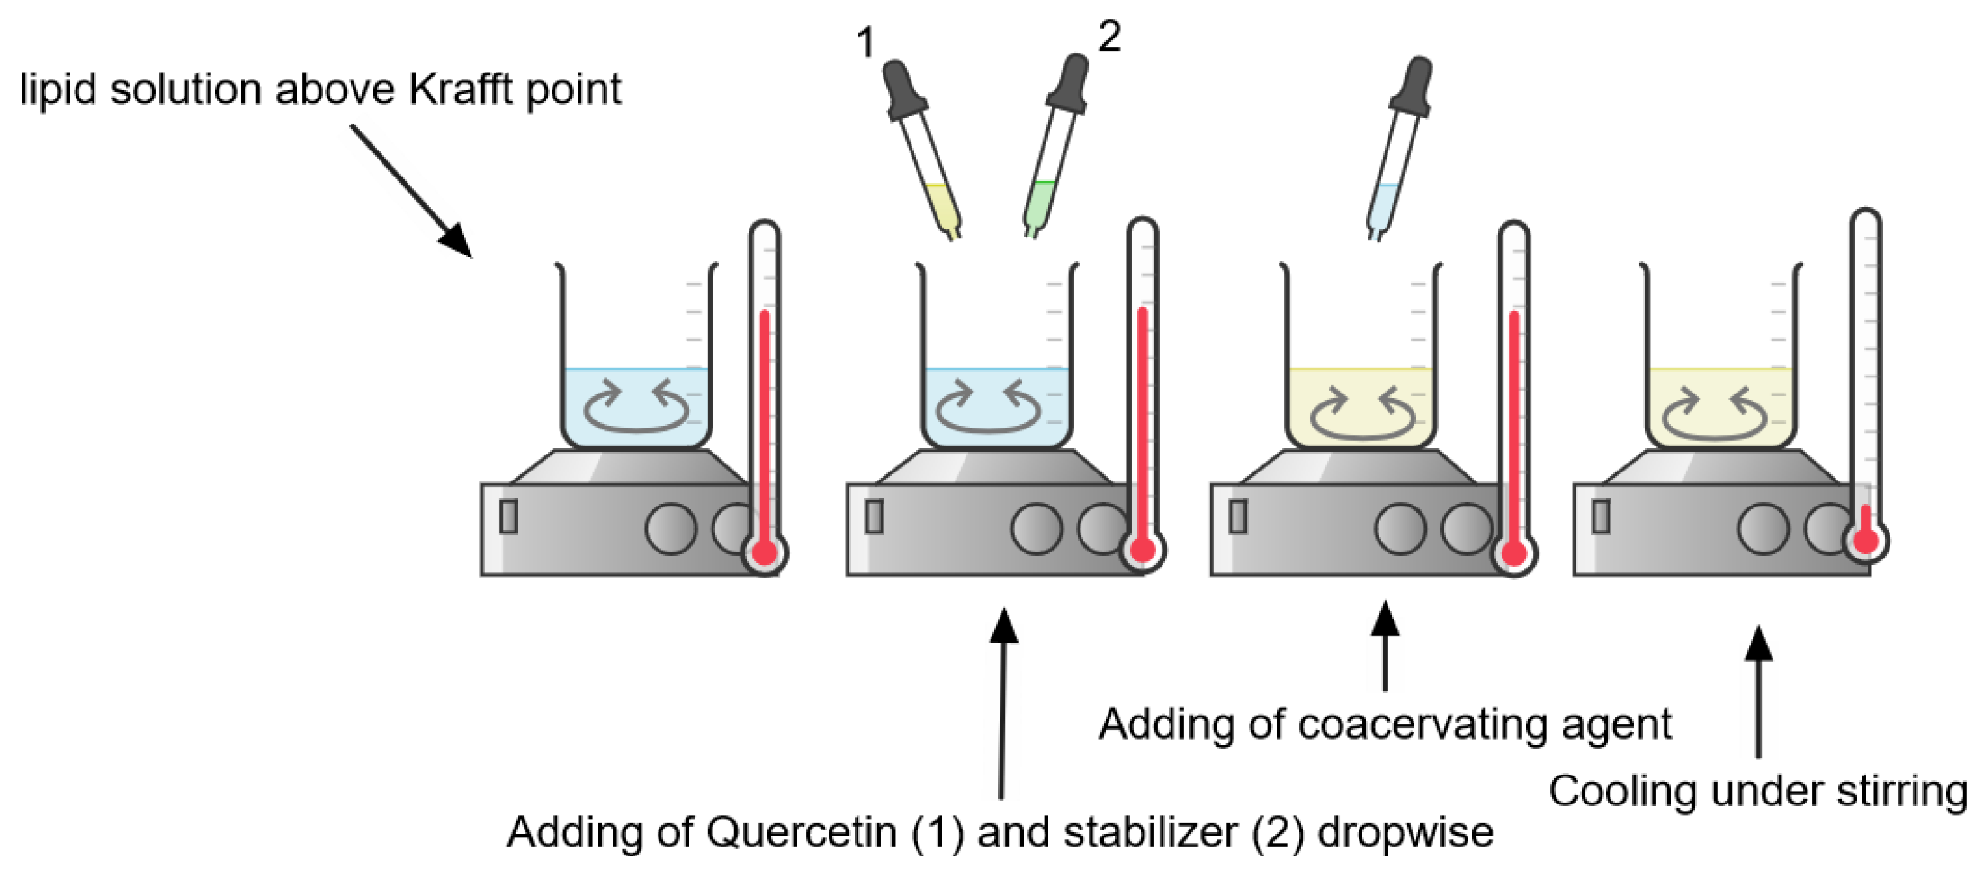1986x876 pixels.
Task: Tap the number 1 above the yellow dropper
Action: (866, 42)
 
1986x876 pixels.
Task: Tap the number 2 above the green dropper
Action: (1109, 35)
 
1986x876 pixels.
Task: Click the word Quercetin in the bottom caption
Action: (802, 833)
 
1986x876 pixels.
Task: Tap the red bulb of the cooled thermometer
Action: (1865, 539)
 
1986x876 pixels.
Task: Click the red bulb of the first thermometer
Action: (764, 552)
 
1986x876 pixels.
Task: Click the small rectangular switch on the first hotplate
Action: (508, 516)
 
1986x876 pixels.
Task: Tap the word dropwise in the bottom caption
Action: (1405, 833)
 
